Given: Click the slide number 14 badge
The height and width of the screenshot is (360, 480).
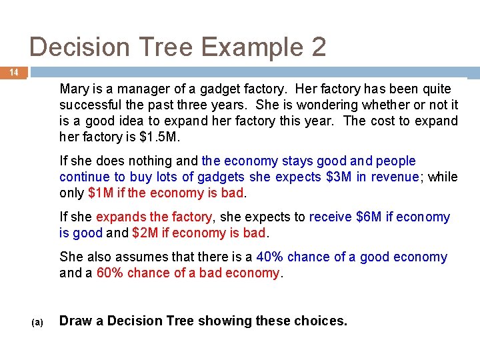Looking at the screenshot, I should [13, 72].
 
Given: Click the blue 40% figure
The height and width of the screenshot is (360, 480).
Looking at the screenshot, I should [270, 257].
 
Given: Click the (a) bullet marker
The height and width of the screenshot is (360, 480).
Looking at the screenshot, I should [38, 322].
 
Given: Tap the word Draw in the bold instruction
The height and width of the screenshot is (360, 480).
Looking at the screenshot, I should [75, 321].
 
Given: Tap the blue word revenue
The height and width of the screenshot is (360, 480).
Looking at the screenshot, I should [393, 177].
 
